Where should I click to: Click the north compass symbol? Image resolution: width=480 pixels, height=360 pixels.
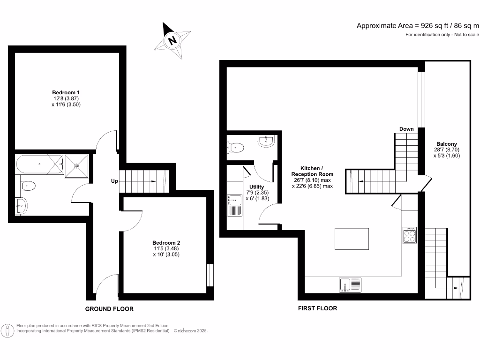tap(172, 40)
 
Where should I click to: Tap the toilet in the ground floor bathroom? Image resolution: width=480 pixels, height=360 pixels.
tap(28, 186)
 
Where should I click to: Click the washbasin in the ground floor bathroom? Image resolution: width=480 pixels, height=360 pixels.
tap(21, 204)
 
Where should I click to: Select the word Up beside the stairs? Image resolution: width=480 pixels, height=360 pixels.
tap(114, 181)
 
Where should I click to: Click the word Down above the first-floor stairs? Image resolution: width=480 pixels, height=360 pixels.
tap(406, 129)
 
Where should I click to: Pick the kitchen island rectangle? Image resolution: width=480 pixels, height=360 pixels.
tap(352, 239)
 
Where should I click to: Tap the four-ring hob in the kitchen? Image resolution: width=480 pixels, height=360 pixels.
tap(409, 235)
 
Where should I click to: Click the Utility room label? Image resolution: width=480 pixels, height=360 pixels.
tap(256, 187)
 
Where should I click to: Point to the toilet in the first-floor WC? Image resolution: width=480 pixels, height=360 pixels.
tap(236, 148)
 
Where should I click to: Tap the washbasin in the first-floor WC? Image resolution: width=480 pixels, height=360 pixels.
tap(266, 141)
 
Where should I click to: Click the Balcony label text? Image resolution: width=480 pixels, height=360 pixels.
tap(446, 144)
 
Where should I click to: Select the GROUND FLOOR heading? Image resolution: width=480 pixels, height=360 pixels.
tap(109, 309)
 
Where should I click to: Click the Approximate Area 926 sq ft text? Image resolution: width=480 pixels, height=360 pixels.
tap(418, 26)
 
